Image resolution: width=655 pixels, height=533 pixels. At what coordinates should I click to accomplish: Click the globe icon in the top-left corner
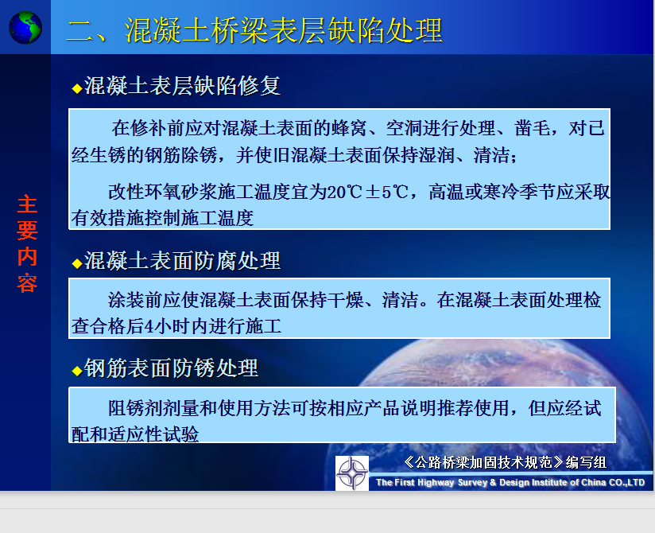pos(25,28)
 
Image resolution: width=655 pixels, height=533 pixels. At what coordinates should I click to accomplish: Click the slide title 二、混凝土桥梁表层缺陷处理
pos(254,30)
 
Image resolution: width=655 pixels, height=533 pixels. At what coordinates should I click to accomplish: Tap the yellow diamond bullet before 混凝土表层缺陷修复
pos(77,88)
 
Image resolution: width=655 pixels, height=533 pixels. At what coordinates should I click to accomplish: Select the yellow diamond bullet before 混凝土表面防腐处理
pos(77,263)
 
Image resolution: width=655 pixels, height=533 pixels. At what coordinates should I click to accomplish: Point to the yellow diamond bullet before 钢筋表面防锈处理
pos(77,371)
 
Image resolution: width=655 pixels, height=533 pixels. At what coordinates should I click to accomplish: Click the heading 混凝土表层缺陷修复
pos(182,86)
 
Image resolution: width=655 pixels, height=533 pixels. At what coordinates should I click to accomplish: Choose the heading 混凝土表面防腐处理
pos(182,261)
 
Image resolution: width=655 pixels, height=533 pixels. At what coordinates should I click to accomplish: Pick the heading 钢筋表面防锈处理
pos(171,368)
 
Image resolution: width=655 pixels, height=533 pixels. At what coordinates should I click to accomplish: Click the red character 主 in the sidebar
pos(27,204)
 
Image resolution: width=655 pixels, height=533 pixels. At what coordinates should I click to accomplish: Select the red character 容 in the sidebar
pos(27,283)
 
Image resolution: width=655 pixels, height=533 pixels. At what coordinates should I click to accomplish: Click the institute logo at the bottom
pos(352,473)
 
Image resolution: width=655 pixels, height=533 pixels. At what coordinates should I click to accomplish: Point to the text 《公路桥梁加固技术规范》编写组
pos(505,462)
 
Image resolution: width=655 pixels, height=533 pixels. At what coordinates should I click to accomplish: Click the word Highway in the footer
pos(436,482)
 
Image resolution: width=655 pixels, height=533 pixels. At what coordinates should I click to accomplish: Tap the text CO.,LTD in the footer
pos(626,482)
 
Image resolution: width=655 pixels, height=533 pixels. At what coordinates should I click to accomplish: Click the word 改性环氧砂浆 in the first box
pos(163,192)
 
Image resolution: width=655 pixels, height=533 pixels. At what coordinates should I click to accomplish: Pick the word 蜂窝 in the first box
pos(349,128)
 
